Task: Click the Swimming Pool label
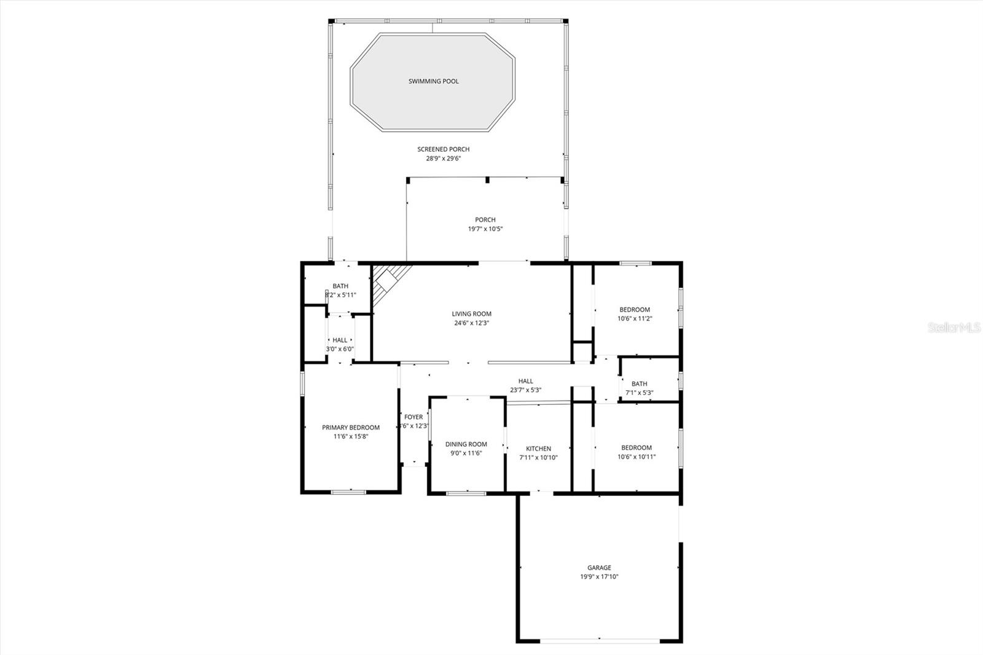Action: point(433,81)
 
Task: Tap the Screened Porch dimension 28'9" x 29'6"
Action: point(443,159)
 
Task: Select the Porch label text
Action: point(485,219)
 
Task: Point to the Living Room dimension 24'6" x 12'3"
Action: point(471,323)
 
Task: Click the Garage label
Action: point(599,568)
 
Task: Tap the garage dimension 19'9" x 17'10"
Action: point(599,577)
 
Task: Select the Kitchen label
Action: point(538,449)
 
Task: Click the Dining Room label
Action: point(466,444)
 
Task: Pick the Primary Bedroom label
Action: point(351,428)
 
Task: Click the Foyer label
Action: point(413,417)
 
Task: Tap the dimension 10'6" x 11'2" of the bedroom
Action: point(635,318)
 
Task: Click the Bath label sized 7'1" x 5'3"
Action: point(639,384)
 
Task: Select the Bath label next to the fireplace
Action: point(340,286)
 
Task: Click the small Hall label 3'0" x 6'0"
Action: point(340,340)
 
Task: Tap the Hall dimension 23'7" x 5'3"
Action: point(525,390)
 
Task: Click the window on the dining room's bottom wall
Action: point(466,492)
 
